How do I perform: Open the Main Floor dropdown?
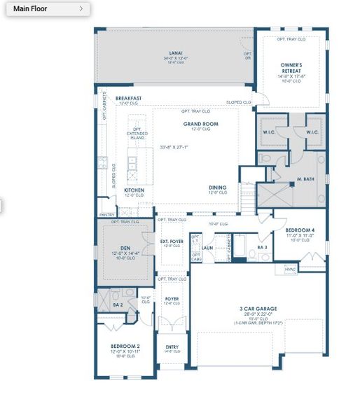click(48, 9)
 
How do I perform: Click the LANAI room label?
click(175, 53)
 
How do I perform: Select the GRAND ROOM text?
click(201, 124)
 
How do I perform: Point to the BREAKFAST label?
click(129, 98)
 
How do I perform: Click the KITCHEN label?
click(134, 190)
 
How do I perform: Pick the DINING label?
click(218, 188)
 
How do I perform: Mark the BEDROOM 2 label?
click(125, 346)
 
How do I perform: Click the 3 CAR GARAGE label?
click(258, 309)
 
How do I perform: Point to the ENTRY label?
click(172, 346)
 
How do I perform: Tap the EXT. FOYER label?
click(171, 241)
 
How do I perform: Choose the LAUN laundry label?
click(207, 247)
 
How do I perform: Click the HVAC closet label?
click(290, 268)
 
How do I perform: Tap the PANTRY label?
click(106, 215)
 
